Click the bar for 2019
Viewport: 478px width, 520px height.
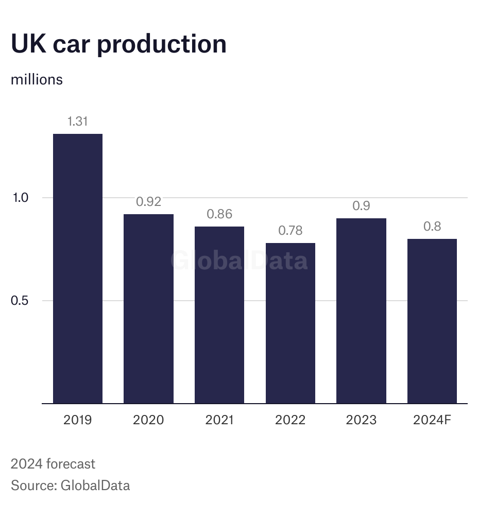78,268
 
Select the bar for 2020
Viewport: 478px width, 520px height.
148,308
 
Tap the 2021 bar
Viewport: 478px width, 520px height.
219,315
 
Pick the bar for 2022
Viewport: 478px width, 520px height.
290,323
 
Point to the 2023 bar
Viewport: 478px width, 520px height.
361,310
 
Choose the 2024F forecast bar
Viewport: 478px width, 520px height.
432,321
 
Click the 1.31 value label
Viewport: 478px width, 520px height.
78,122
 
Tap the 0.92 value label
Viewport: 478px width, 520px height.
148,202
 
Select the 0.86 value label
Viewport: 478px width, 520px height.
219,214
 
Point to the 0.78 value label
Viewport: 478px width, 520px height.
290,231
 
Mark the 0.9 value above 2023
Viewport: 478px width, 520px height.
361,206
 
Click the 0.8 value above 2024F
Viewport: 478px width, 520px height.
432,227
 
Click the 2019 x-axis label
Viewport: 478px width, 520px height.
78,420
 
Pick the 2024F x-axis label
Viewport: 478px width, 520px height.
432,420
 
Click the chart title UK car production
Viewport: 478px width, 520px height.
118,44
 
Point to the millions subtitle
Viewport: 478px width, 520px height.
37,80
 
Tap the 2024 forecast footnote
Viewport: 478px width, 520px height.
53,464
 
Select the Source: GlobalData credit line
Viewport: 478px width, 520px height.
70,485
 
